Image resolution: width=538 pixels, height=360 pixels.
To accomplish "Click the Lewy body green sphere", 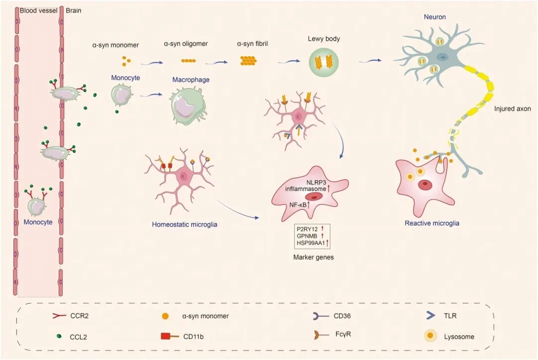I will coord(325,63).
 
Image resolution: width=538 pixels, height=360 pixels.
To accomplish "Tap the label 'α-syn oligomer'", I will coord(186,44).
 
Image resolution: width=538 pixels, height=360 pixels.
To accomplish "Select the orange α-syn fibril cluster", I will coord(250,61).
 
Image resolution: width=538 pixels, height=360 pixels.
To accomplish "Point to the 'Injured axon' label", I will coord(513,108).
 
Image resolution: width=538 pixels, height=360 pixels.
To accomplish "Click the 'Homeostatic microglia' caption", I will coord(184,224).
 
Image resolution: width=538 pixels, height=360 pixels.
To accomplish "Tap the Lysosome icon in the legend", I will coord(428,336).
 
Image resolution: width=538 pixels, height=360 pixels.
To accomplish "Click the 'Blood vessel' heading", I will coord(38,10).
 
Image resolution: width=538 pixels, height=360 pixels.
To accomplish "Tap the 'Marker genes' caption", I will coord(312,258).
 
